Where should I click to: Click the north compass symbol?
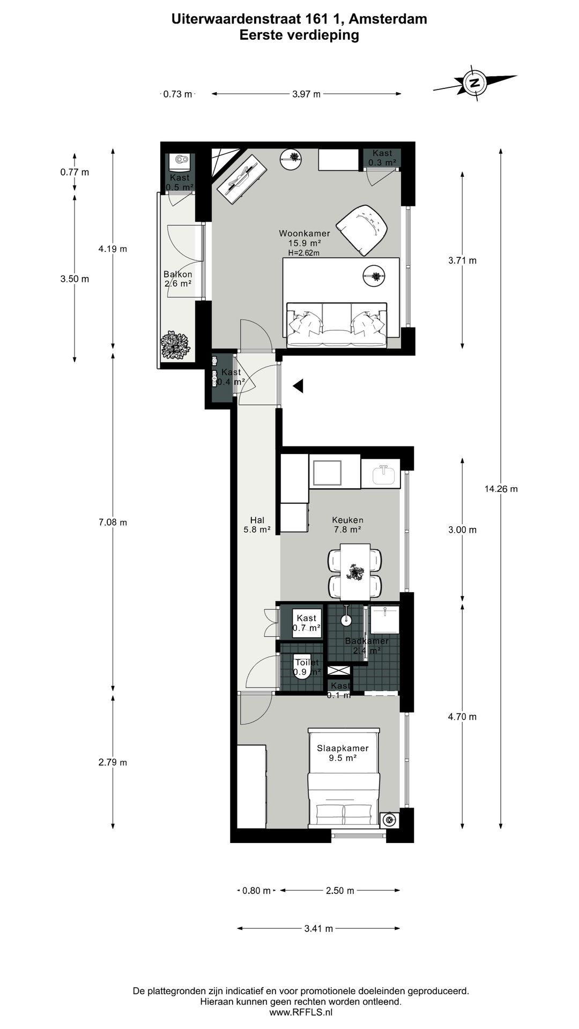(474, 83)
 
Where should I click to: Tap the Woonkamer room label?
(305, 234)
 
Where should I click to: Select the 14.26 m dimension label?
(501, 489)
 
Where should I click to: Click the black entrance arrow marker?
(298, 385)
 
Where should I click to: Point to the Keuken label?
(347, 520)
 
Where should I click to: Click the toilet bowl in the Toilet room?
(302, 670)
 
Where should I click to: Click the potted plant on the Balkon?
(175, 346)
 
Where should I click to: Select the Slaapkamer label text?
(343, 749)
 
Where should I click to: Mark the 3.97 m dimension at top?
(307, 94)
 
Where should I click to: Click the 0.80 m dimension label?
(257, 891)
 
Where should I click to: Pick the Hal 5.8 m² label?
(257, 525)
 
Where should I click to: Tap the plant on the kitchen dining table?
(355, 572)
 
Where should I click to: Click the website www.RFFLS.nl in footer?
(301, 1012)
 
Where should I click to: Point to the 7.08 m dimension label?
(113, 523)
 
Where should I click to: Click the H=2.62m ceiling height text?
(303, 253)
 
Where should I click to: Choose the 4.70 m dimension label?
(462, 717)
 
